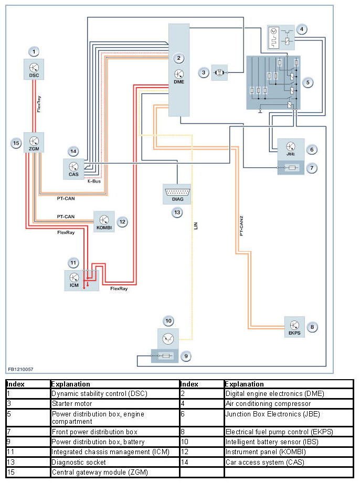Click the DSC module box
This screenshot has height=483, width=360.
[x=34, y=69]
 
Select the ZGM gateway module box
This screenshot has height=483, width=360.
[x=34, y=143]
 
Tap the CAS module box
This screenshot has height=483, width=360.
[x=73, y=168]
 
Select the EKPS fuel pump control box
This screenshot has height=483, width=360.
[x=294, y=327]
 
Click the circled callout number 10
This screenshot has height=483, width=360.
[x=168, y=320]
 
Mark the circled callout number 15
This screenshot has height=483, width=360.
[x=16, y=142]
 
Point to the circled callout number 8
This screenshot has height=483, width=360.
[x=313, y=327]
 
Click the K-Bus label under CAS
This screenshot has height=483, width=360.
[x=94, y=181]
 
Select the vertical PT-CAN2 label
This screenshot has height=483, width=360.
[x=241, y=223]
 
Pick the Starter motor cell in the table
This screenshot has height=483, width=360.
[x=71, y=404]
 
